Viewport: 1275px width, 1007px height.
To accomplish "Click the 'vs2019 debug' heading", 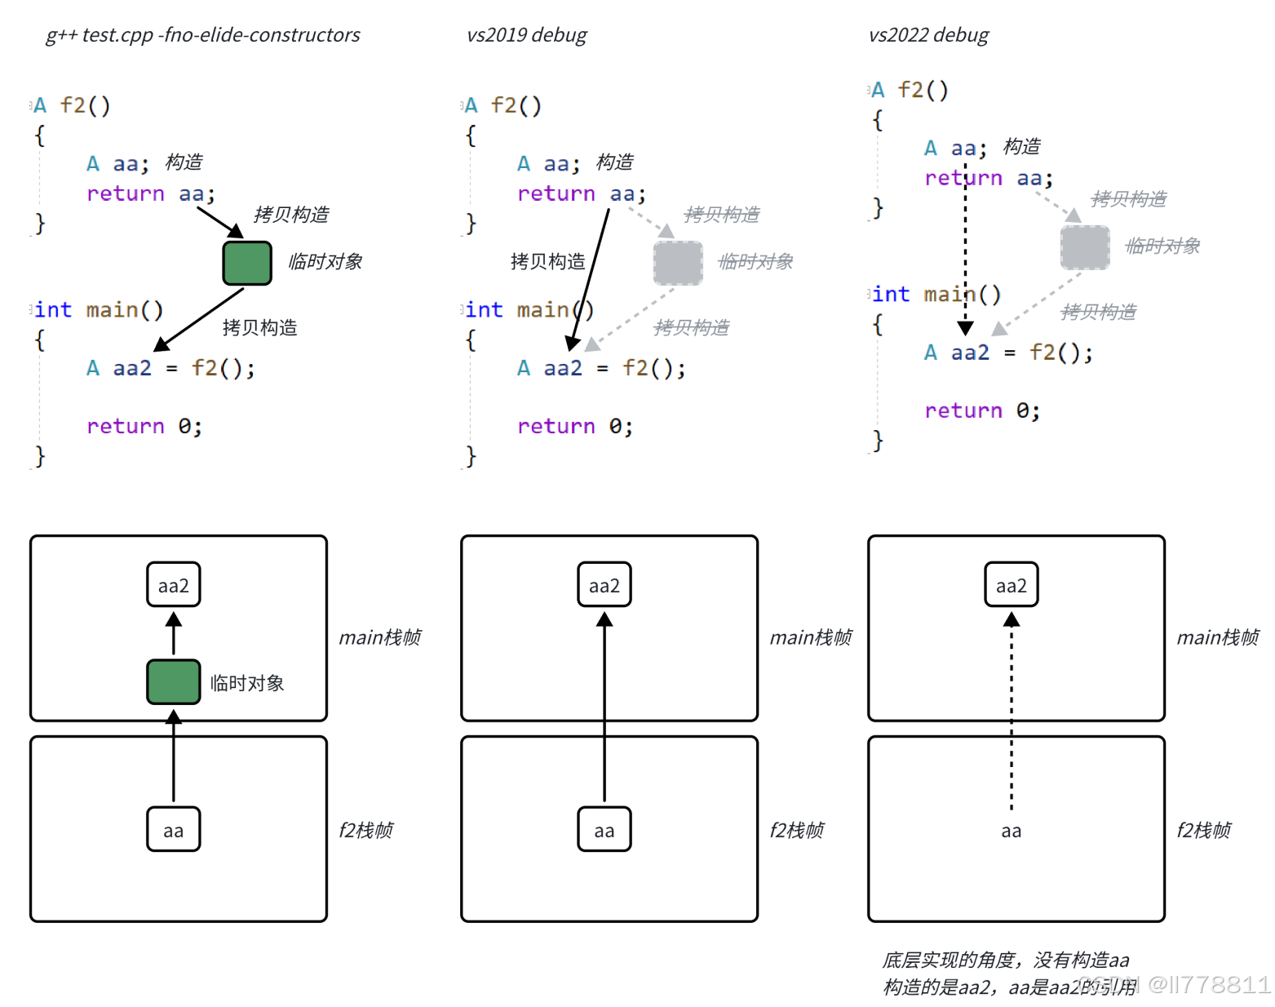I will click(x=526, y=35).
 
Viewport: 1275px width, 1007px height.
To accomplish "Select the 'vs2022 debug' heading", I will click(x=928, y=35).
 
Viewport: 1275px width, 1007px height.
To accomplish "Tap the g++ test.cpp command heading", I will click(x=202, y=35).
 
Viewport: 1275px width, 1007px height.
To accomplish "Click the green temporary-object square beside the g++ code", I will click(x=247, y=263).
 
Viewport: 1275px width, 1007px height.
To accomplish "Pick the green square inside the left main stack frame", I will click(x=174, y=682).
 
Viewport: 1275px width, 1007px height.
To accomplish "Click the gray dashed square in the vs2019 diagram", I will click(x=678, y=263).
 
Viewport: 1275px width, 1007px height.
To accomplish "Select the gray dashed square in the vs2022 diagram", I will click(x=1085, y=247).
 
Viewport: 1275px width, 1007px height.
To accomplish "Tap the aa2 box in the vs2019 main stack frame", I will click(x=604, y=585).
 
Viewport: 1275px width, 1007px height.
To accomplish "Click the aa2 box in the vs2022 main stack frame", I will click(x=1012, y=585).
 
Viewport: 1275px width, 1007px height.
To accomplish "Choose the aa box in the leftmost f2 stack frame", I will click(x=174, y=830).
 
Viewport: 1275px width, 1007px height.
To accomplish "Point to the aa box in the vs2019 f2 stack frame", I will click(x=604, y=830).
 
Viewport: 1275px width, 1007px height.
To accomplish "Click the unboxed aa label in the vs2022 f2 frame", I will click(x=1012, y=831).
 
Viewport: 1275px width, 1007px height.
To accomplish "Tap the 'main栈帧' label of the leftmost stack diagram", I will click(x=380, y=637).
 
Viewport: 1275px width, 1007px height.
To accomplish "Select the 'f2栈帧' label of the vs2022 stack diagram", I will click(x=1204, y=830).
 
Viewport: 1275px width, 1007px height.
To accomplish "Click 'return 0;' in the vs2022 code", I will click(x=982, y=410).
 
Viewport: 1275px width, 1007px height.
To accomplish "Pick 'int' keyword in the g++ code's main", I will click(x=54, y=310).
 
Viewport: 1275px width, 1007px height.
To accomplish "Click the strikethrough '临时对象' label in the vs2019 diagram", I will click(x=755, y=262).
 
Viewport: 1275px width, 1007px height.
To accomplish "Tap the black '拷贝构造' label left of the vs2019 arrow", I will click(x=547, y=261).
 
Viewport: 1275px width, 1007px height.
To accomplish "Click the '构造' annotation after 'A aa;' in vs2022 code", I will click(x=1022, y=147).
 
